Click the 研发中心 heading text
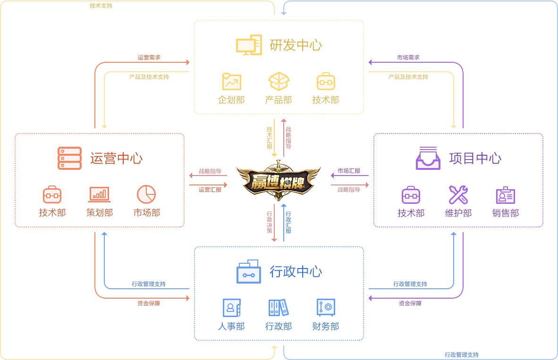click(x=296, y=45)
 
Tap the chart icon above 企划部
click(x=231, y=82)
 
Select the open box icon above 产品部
click(x=279, y=81)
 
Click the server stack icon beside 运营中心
click(x=69, y=158)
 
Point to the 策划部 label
click(x=100, y=213)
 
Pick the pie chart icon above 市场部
click(x=146, y=194)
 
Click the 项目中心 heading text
click(x=475, y=159)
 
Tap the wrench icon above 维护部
click(x=458, y=195)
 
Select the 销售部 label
click(x=505, y=213)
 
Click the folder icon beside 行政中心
click(x=248, y=271)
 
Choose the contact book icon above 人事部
click(x=231, y=308)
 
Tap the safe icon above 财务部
click(x=326, y=308)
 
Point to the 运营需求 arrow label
click(x=149, y=58)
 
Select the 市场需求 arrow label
click(x=408, y=58)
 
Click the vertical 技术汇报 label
click(x=270, y=138)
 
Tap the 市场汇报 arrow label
click(x=349, y=171)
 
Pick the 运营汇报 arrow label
click(x=210, y=190)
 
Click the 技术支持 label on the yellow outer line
click(x=101, y=6)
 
